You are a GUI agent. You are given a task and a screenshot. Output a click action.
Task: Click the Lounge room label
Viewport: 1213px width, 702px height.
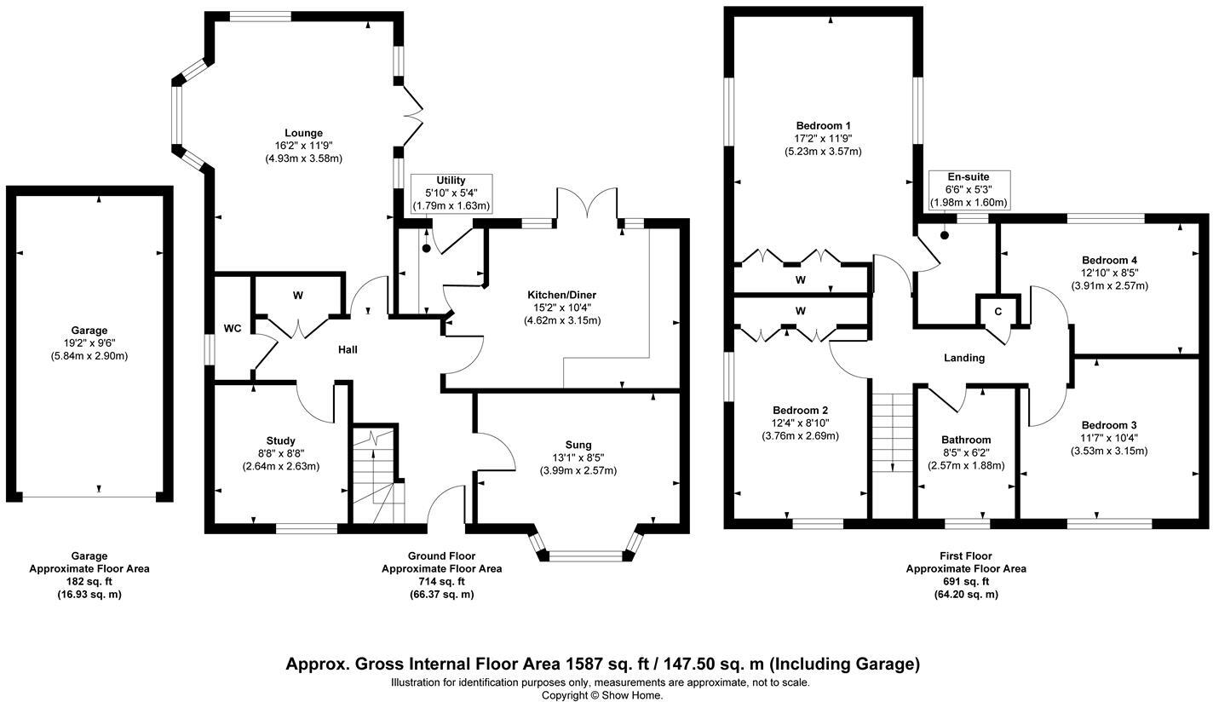tap(304, 133)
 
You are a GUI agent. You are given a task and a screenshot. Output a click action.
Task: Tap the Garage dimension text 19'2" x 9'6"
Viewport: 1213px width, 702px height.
tap(89, 342)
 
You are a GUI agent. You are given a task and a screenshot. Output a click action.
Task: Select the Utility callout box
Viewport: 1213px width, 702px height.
tap(451, 193)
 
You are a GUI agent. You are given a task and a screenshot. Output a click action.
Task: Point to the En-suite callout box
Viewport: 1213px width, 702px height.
tap(969, 190)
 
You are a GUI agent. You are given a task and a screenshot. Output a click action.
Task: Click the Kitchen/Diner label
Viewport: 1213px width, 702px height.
tap(561, 296)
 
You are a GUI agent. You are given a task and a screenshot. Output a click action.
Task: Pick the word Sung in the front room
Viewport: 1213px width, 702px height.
tap(578, 445)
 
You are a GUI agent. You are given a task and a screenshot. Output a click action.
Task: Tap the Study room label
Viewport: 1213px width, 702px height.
tap(280, 440)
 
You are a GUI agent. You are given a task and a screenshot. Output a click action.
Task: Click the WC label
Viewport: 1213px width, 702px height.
tap(233, 328)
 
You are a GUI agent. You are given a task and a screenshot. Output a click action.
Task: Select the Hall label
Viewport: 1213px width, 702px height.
tap(348, 350)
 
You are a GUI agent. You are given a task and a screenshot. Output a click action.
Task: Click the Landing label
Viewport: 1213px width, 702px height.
tap(964, 358)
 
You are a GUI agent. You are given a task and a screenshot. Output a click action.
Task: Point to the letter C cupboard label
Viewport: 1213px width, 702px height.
tap(998, 312)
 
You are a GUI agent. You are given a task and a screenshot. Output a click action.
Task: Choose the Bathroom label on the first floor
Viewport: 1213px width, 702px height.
tap(966, 440)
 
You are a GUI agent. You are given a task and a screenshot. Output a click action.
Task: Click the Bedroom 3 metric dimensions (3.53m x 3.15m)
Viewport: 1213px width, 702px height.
tap(1108, 451)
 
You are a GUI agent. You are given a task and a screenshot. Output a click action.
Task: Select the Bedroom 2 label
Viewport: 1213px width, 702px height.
tap(800, 410)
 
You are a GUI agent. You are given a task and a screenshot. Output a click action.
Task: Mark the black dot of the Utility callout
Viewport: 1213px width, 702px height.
tap(426, 249)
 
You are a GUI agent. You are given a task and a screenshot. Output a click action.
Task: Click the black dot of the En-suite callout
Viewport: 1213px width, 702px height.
tap(945, 235)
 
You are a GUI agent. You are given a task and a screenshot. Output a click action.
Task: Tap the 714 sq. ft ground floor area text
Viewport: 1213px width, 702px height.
tap(441, 582)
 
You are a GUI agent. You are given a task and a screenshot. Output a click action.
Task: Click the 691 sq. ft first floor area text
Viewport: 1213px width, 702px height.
tap(965, 582)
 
